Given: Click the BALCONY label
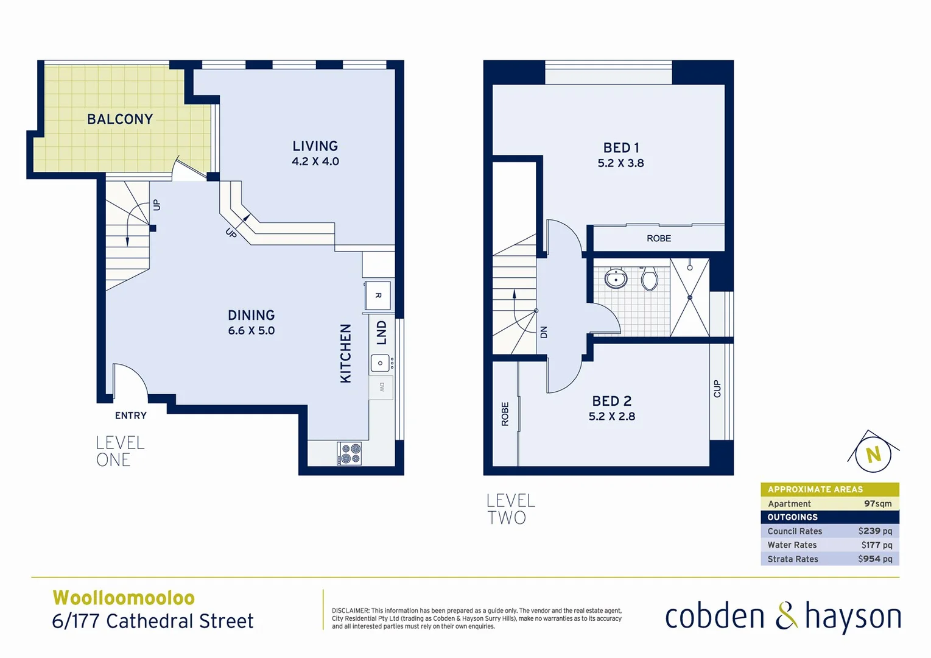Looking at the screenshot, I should [120, 119].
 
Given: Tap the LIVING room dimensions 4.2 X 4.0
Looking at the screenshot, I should [315, 161].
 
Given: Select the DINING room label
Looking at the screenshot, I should [251, 315].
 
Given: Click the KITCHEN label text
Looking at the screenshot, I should [345, 353].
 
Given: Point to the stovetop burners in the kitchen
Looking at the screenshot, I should [350, 454].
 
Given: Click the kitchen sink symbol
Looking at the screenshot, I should [380, 363].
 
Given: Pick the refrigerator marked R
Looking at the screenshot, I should [378, 295].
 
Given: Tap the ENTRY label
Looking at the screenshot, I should [130, 416].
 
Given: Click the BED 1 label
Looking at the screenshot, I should [620, 148].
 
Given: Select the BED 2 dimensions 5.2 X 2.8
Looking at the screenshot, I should [611, 417].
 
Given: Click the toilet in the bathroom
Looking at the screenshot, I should [649, 279].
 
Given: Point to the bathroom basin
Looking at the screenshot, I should [616, 279].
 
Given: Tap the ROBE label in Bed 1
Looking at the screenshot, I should [658, 238].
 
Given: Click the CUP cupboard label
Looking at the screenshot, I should [717, 389].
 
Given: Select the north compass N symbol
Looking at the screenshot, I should [873, 454].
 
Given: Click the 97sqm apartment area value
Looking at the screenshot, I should [877, 504].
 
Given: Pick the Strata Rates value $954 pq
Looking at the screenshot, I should [875, 559].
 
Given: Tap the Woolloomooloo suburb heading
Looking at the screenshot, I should [124, 598].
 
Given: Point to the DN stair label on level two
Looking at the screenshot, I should [544, 332].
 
